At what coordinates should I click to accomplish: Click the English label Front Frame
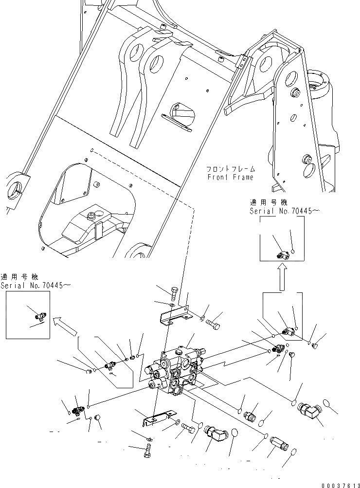[230, 177]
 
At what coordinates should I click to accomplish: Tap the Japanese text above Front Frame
[230, 169]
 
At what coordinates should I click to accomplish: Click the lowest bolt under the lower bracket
[147, 450]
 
